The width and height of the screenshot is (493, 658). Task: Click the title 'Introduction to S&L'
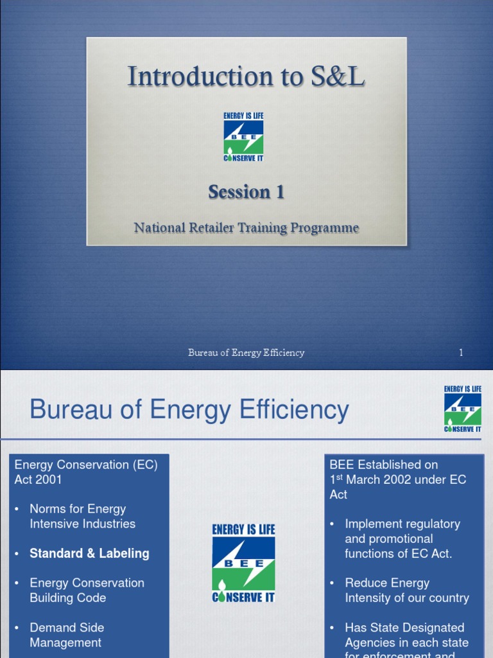click(246, 76)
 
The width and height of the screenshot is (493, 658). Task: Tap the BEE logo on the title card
click(243, 137)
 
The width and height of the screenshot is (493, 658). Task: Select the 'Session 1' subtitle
click(246, 191)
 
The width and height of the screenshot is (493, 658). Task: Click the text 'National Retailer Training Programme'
click(246, 228)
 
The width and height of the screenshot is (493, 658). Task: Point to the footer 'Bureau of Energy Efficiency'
click(246, 352)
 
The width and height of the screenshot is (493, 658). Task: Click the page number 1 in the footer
click(461, 352)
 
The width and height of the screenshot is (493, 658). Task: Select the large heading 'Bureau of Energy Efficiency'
click(189, 410)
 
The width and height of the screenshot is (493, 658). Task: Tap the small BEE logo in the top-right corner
click(462, 409)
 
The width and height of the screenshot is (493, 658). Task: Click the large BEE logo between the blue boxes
click(243, 564)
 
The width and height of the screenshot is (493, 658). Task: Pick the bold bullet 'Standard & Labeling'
click(89, 553)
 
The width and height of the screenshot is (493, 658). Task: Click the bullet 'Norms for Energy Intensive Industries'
click(82, 516)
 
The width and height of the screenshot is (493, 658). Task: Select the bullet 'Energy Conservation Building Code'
click(87, 590)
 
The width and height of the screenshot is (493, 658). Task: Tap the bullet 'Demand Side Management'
click(66, 635)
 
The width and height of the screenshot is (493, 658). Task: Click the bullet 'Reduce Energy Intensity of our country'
click(406, 590)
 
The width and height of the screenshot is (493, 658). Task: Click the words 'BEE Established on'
click(384, 465)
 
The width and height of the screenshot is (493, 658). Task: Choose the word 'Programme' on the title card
click(327, 228)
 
